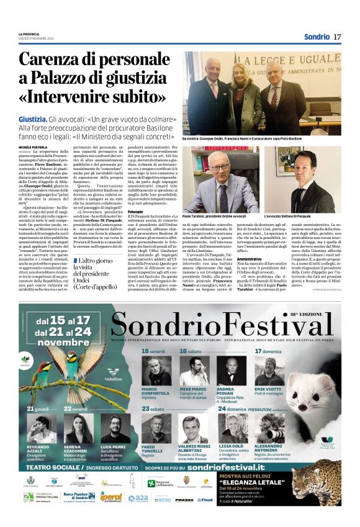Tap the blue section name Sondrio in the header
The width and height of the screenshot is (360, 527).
point(317,37)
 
